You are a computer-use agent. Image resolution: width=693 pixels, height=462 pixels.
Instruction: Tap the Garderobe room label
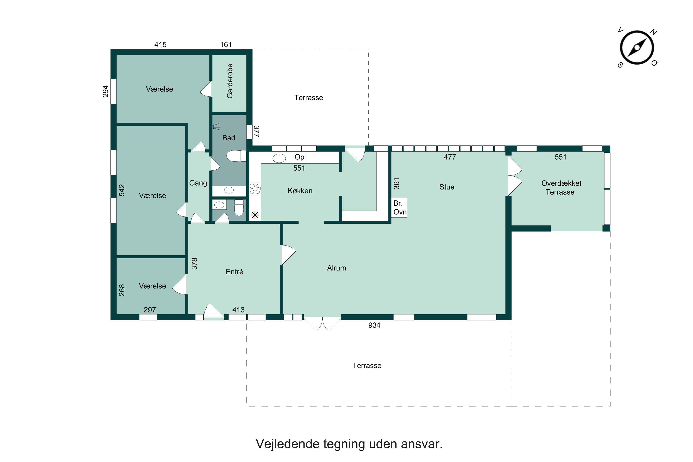point(229,81)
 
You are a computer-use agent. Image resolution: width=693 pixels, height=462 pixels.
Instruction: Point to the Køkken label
point(300,191)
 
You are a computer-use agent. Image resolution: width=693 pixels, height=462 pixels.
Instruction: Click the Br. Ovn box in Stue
point(399,208)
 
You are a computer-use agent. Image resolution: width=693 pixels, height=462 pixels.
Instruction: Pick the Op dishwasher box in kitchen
point(299,157)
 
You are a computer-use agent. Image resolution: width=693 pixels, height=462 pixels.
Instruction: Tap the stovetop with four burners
point(255,189)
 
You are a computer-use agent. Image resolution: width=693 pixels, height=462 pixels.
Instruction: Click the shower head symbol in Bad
point(217,127)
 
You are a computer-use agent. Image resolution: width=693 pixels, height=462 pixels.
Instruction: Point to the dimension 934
point(374,325)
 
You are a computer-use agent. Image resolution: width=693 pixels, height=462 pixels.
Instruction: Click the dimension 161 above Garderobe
point(226,45)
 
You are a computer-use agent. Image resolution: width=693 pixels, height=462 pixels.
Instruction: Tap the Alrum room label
point(336,268)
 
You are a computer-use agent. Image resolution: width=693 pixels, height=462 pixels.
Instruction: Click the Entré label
point(235,272)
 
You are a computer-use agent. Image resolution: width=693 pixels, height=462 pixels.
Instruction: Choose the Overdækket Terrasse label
point(561,187)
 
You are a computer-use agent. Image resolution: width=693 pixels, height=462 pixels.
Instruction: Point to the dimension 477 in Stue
point(450,157)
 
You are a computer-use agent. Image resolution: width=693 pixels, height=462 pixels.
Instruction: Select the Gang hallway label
point(198,183)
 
